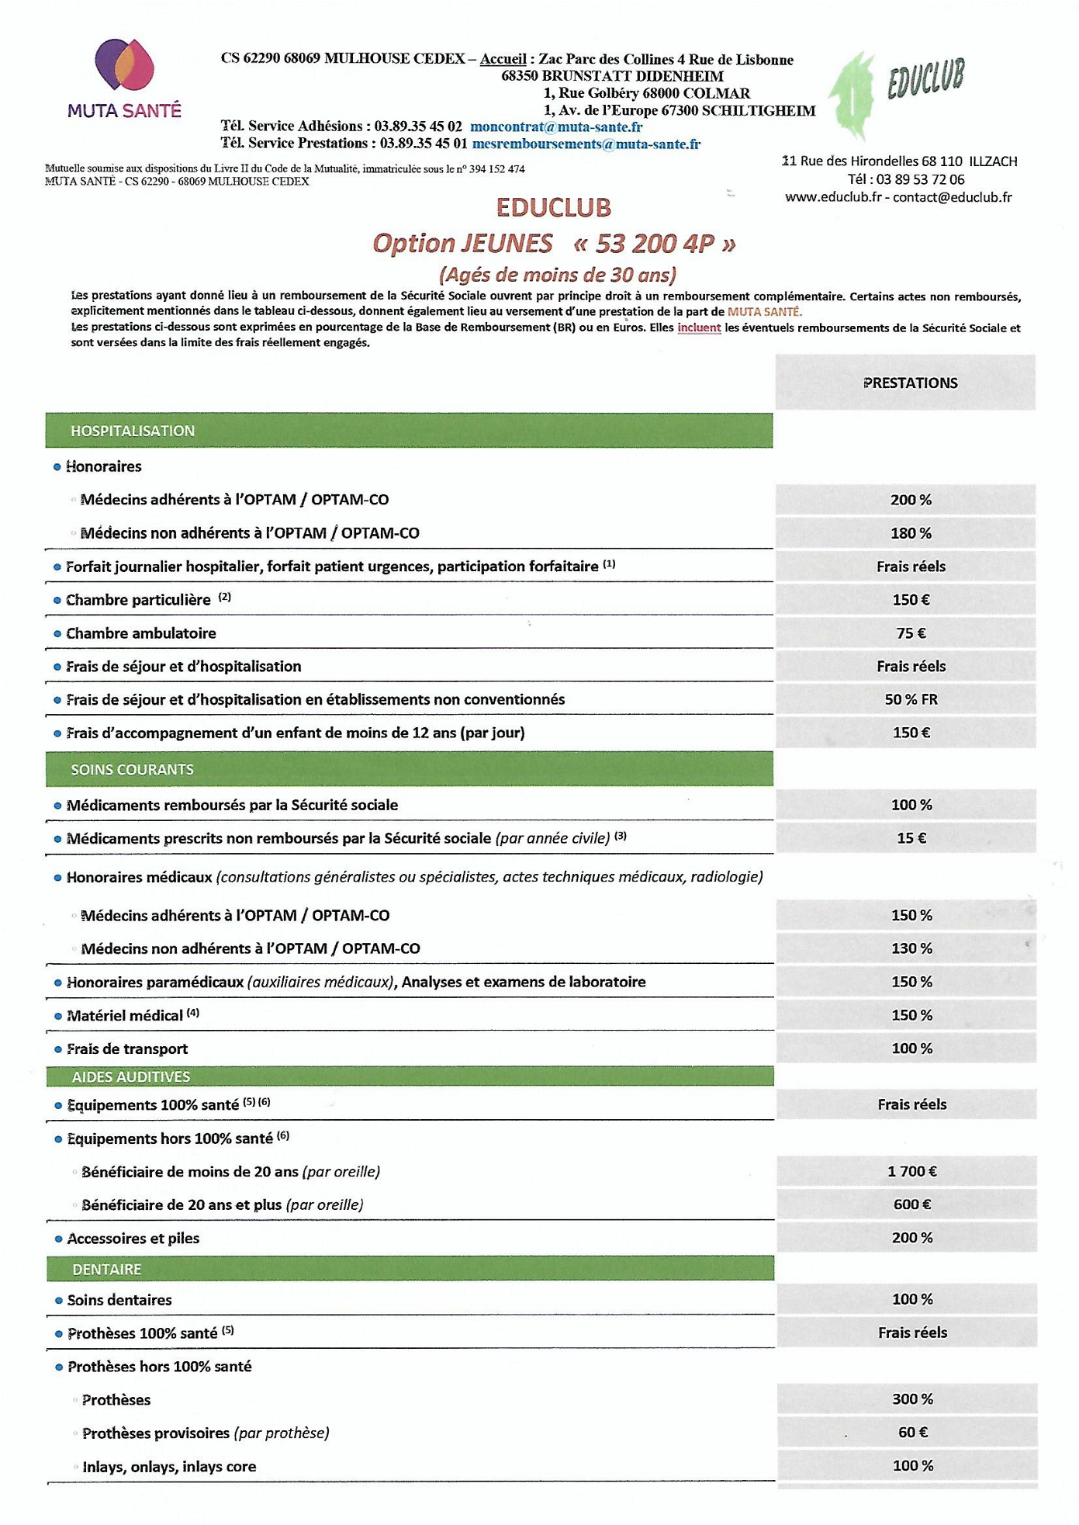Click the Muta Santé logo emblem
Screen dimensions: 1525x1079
click(x=125, y=65)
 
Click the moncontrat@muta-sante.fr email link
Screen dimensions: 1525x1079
click(x=555, y=127)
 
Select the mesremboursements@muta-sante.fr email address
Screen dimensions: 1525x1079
click(x=586, y=144)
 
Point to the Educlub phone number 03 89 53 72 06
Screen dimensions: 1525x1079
click(x=920, y=179)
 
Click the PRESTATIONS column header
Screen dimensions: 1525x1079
click(x=910, y=383)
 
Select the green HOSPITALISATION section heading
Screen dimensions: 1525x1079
click(x=133, y=431)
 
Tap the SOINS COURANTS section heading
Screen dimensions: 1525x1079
click(x=132, y=769)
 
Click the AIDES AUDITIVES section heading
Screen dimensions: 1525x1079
click(x=131, y=1076)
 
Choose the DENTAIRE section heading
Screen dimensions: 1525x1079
click(x=107, y=1269)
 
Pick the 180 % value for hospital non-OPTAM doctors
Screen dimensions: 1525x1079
click(x=911, y=533)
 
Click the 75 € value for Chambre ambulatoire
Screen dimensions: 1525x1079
click(x=911, y=633)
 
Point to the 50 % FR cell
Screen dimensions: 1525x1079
click(x=911, y=699)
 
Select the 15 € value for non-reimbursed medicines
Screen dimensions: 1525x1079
click(x=911, y=838)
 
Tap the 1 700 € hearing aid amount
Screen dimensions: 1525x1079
click(x=911, y=1171)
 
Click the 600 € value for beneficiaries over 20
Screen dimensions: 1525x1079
click(x=911, y=1204)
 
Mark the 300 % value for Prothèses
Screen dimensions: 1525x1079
click(x=912, y=1399)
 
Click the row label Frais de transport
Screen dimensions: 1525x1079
click(x=127, y=1049)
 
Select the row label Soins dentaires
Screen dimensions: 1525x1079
click(x=119, y=1300)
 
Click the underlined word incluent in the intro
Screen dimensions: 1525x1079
click(x=699, y=328)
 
